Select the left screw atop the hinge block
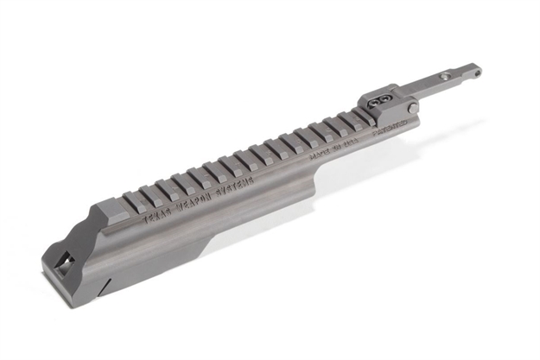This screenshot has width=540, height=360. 374,102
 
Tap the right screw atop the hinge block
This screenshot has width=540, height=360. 384,98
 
